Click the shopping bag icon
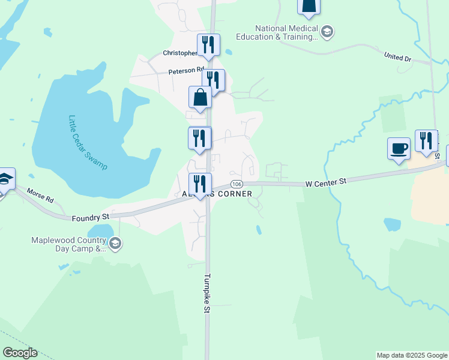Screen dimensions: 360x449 pos(200,98)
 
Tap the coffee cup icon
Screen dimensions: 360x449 pos(399,149)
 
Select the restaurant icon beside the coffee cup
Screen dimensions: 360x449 pos(426,141)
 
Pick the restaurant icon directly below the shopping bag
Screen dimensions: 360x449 pos(200,138)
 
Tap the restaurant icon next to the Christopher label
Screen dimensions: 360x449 pos(208,45)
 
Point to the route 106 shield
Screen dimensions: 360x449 pos(237,184)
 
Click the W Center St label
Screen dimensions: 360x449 pos(325,181)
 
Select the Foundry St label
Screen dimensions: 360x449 pos(90,217)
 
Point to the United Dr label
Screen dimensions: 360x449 pos(398,56)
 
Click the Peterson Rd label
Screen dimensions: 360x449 pos(182,71)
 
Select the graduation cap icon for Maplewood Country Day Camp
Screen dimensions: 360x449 pos(115,244)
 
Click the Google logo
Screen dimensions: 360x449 pos(20,353)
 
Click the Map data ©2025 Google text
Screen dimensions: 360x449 pos(412,355)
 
